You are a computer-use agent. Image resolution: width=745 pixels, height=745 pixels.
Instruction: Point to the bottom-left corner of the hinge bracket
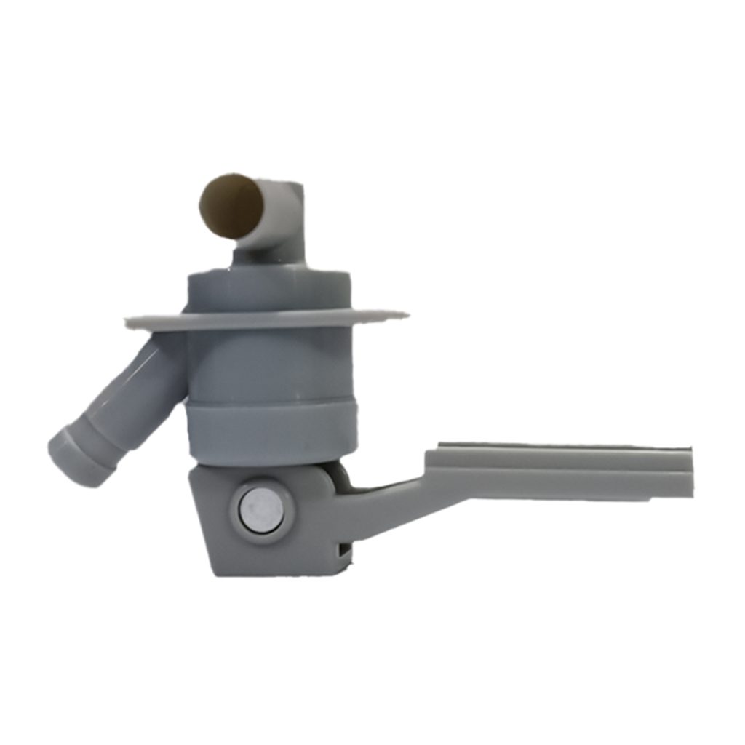(215, 572)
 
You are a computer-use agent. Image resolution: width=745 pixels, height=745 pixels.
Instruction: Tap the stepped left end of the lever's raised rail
(431, 455)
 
